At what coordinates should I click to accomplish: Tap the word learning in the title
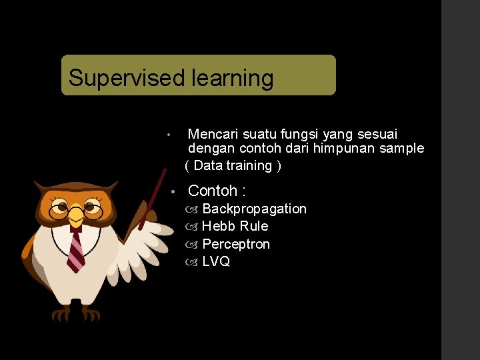pyautogui.click(x=232, y=79)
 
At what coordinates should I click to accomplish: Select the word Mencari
pyautogui.click(x=213, y=135)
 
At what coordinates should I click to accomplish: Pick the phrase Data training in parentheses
pyautogui.click(x=233, y=165)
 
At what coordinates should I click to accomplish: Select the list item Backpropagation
pyautogui.click(x=254, y=209)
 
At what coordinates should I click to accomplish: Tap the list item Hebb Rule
pyautogui.click(x=235, y=226)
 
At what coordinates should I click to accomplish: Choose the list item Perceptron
pyautogui.click(x=236, y=244)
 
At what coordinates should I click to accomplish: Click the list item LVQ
pyautogui.click(x=216, y=262)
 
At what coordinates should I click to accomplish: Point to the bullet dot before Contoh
pyautogui.click(x=172, y=191)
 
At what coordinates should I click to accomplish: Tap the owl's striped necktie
pyautogui.click(x=76, y=250)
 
